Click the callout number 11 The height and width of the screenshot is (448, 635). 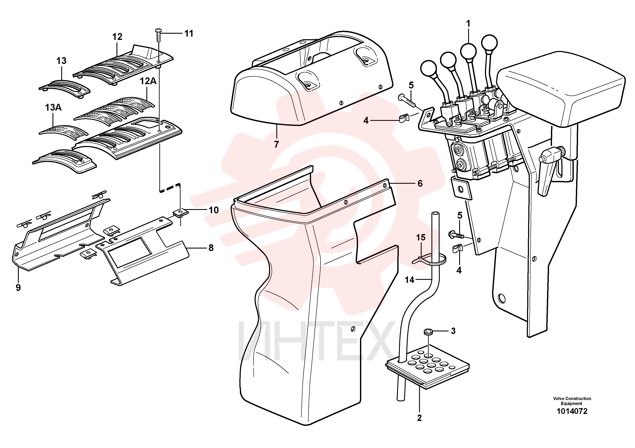click(x=189, y=33)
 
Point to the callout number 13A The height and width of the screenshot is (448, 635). click(x=53, y=107)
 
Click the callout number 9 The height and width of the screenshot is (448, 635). click(x=18, y=288)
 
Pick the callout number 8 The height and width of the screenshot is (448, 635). click(x=211, y=248)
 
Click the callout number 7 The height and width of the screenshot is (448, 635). click(x=276, y=144)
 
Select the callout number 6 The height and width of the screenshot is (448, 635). click(x=420, y=183)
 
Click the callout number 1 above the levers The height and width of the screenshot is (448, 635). click(x=468, y=24)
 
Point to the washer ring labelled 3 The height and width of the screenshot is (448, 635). click(x=428, y=331)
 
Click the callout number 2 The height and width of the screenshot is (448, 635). click(x=419, y=418)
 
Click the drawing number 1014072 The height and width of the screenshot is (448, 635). click(x=572, y=411)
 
